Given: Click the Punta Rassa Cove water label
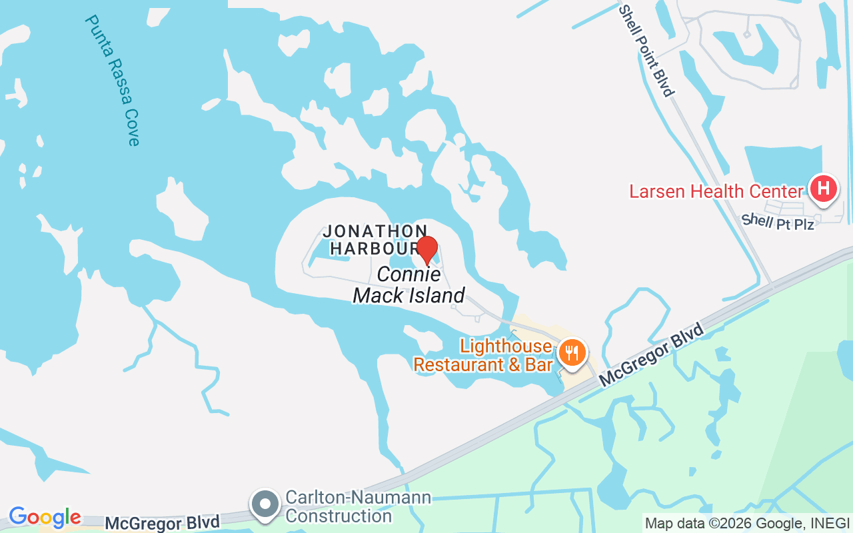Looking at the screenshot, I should (x=112, y=80).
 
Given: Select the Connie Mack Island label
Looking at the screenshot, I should (x=409, y=284).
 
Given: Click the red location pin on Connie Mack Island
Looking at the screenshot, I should (x=427, y=251).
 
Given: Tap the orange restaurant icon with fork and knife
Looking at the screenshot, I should (x=572, y=350).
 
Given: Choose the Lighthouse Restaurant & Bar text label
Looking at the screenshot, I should (x=483, y=355).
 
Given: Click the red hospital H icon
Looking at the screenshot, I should (x=823, y=189).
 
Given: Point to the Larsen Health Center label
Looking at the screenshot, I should (x=716, y=192).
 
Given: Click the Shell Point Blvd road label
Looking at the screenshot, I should (x=646, y=51).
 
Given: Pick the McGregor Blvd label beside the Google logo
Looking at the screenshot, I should (x=162, y=523).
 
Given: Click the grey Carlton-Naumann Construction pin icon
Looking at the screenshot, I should (x=265, y=504).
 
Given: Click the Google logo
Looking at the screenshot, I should (x=45, y=517).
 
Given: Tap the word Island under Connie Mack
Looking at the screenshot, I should (x=436, y=295).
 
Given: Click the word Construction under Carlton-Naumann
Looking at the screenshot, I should (x=339, y=516).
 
